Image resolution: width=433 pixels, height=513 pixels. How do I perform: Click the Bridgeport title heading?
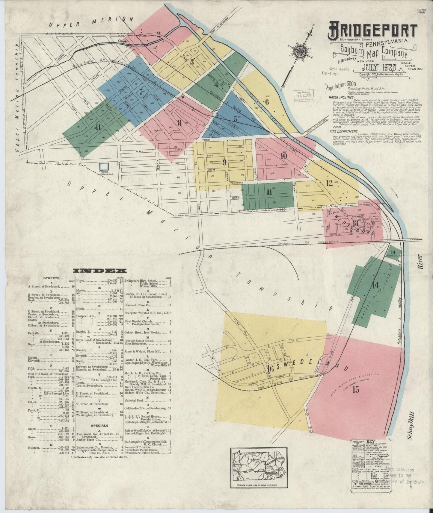point(373,31)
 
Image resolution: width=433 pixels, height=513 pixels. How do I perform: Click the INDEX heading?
point(100,271)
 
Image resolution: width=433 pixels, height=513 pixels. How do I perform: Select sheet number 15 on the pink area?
point(356,390)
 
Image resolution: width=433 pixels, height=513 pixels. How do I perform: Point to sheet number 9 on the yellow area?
point(224,163)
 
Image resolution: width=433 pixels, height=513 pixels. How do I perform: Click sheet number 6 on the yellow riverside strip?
point(266,102)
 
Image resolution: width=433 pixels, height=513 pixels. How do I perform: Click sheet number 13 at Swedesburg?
point(355,223)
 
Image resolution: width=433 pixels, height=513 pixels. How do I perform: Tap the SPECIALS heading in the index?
point(100,425)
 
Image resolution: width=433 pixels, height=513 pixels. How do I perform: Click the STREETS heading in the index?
point(51,278)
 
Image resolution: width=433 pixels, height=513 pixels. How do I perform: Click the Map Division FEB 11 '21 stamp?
point(303,96)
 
